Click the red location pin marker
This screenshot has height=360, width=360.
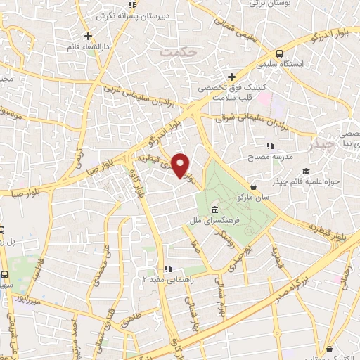click(x=181, y=165)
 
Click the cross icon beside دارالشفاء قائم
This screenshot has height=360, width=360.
click(x=88, y=36)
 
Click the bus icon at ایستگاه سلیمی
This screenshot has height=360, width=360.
click(x=280, y=53)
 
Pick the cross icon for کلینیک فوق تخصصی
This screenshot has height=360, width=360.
click(x=231, y=77)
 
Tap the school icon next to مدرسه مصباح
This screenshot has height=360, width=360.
click(x=270, y=145)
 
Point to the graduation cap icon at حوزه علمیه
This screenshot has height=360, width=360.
click(x=305, y=172)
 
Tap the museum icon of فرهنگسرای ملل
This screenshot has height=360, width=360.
click(x=213, y=210)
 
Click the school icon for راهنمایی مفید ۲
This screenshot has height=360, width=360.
click(x=167, y=268)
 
